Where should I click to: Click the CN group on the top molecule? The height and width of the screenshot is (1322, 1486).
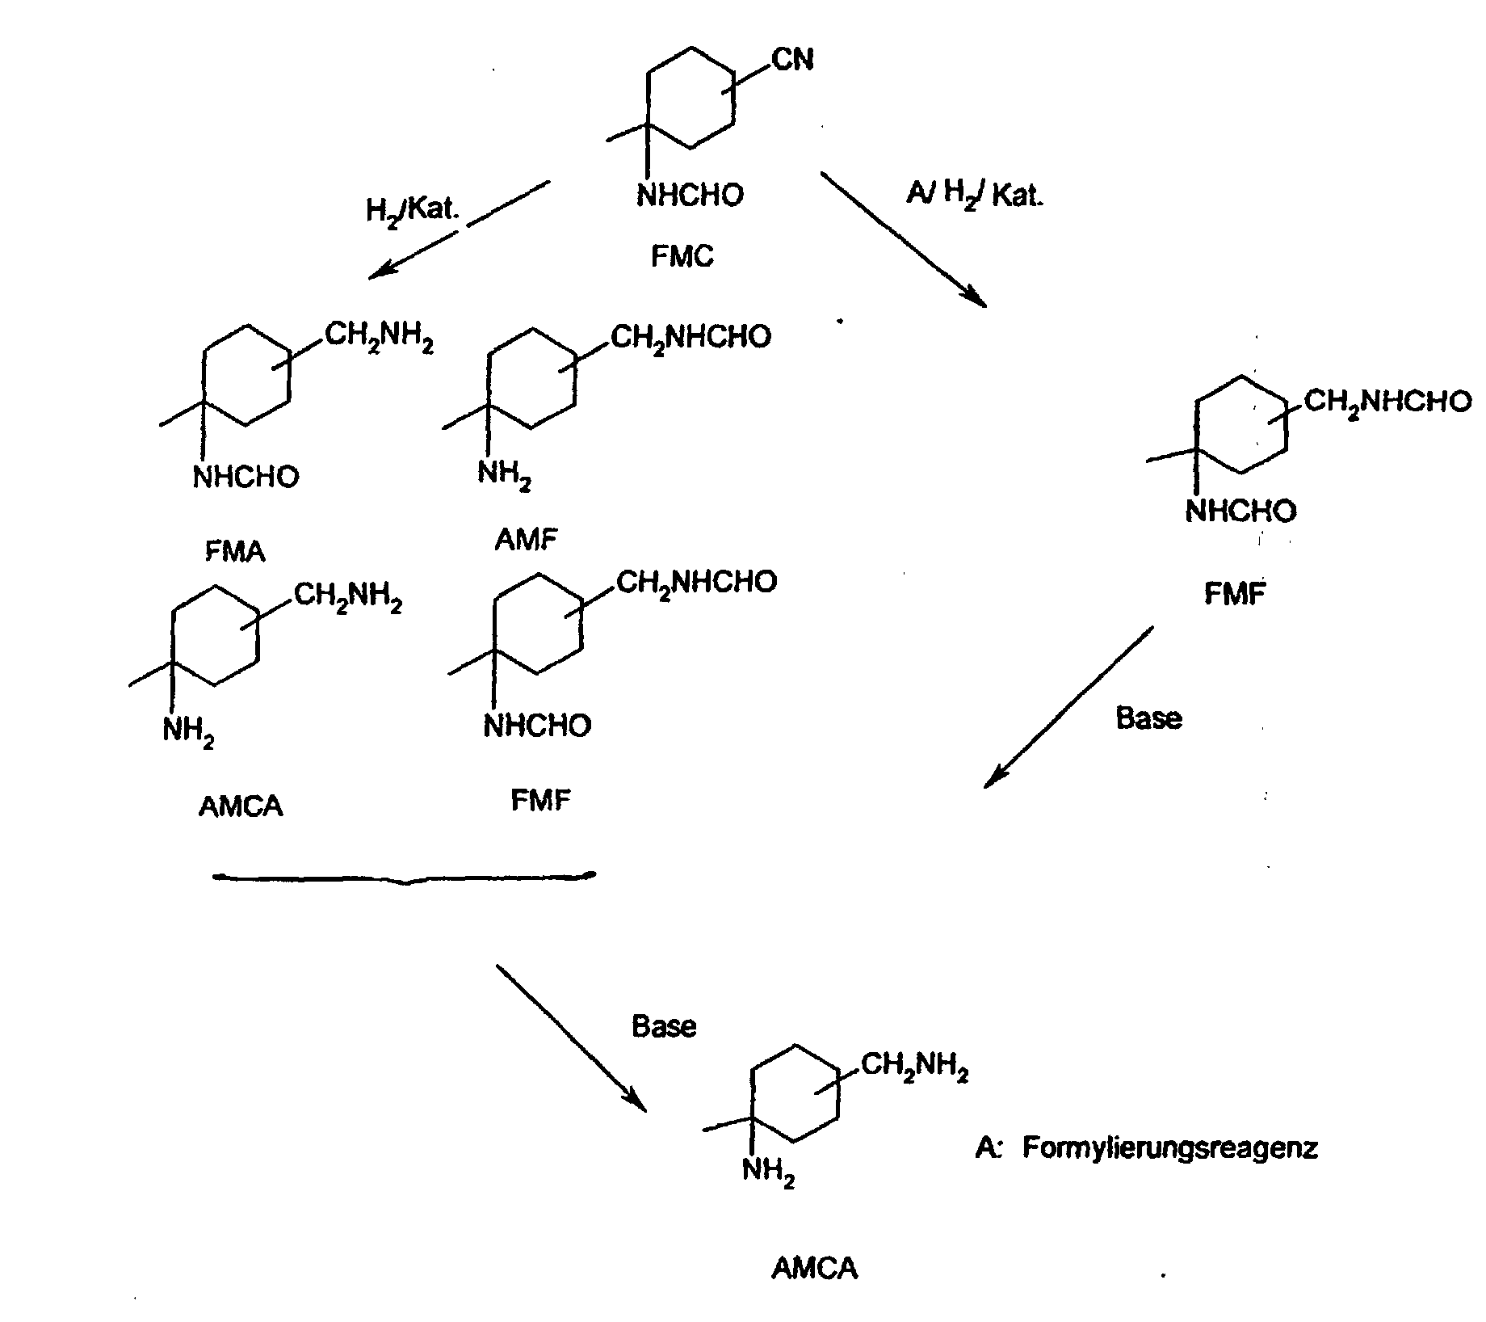point(793,60)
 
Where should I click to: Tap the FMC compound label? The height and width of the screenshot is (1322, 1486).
point(682,257)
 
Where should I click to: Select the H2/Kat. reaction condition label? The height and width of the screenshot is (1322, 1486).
point(413,210)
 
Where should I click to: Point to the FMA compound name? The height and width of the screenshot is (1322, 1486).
point(235,551)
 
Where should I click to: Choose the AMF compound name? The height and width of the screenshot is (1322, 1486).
point(527,539)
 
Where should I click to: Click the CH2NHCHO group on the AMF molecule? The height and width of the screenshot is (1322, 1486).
point(691,337)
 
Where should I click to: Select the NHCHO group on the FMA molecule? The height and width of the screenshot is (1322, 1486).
point(246,477)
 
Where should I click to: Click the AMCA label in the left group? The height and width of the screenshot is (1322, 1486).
point(241,806)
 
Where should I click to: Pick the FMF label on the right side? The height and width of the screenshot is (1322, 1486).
point(1235,594)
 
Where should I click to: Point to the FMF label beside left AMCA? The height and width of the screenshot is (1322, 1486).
point(540,800)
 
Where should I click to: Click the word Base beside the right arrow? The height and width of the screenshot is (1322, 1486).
point(1148,718)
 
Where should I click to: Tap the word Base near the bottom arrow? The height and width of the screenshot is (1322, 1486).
point(664,1025)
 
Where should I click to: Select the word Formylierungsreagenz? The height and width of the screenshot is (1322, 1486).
point(1170,1147)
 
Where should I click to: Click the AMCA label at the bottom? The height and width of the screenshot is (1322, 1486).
point(815,1268)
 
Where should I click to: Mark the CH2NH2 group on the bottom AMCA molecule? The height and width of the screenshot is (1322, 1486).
point(915,1067)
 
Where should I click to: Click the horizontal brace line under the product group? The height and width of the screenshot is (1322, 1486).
point(404,877)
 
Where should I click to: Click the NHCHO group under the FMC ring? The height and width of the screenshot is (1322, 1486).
point(690,196)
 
